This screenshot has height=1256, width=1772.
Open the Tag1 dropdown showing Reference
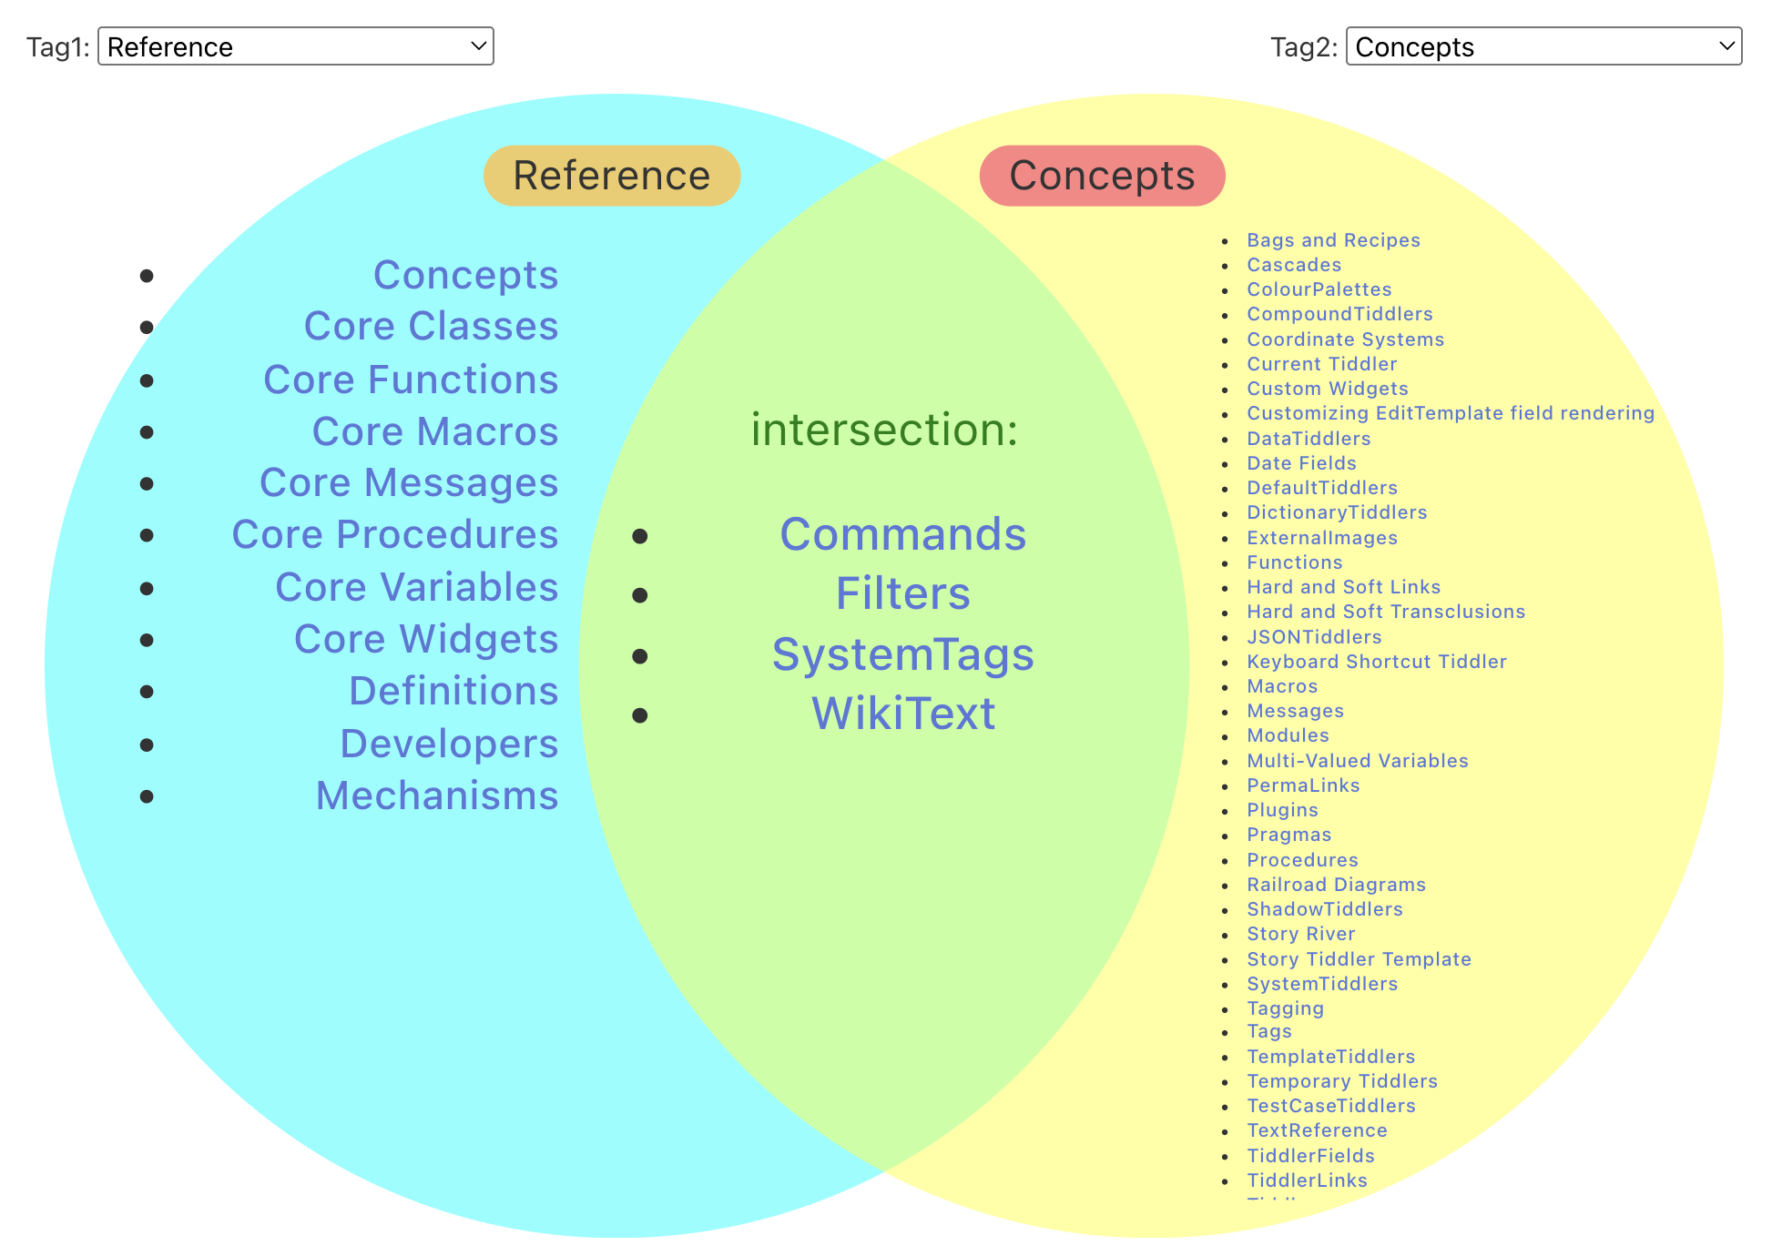295,46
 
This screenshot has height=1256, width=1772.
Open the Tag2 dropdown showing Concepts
1543,46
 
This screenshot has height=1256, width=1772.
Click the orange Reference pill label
611,176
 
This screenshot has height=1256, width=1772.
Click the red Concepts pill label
1102,176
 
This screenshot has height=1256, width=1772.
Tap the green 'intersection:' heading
883,430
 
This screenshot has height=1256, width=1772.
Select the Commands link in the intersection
902,534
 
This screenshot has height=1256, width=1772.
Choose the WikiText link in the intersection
902,714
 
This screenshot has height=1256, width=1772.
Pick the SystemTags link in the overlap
902,654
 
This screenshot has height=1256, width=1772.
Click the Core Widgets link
425,639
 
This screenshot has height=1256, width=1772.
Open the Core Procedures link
394,534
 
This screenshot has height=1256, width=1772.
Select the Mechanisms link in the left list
436,795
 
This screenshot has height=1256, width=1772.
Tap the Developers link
448,744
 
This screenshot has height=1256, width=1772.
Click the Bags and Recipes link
1333,240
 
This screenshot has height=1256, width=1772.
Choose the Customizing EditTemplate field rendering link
1450,413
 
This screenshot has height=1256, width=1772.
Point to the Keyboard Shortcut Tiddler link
1376,662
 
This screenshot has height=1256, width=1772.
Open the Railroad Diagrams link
1336,885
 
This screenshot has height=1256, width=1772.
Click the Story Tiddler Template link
1359,959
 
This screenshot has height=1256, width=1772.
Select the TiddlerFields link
1310,1156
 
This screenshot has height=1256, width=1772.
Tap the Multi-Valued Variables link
1357,761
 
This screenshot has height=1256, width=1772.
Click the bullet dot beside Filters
640,595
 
